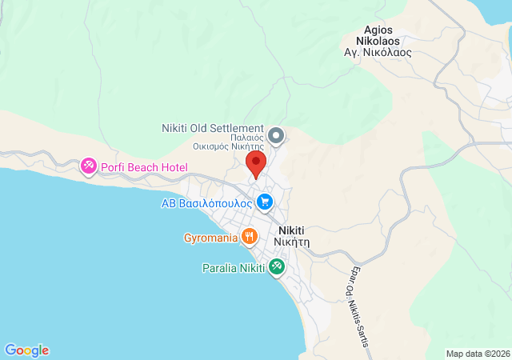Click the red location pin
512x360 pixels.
[256, 164]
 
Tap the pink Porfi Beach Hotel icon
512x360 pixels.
[88, 166]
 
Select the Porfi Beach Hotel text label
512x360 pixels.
[144, 167]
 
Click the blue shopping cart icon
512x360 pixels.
[266, 202]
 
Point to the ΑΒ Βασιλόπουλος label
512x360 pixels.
[207, 203]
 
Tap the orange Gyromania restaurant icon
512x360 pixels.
[250, 237]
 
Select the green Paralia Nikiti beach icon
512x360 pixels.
[277, 266]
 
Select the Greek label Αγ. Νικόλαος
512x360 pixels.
[378, 52]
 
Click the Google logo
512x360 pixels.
[26, 350]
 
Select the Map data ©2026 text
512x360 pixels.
[477, 354]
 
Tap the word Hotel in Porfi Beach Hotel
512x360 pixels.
[172, 167]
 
